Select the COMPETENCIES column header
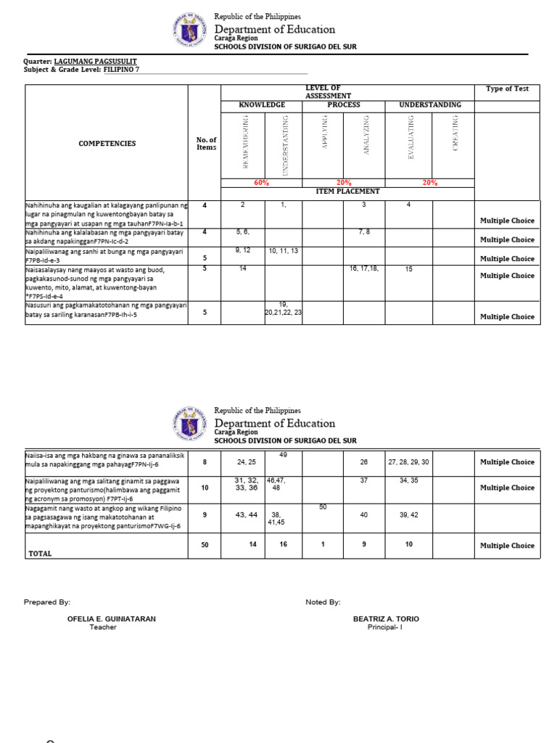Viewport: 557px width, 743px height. tap(107, 144)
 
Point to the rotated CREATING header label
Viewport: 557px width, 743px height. tap(455, 134)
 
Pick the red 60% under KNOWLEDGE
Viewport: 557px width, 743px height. tap(261, 183)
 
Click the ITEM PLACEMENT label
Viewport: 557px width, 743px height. tap(348, 191)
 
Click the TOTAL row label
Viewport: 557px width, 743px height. tap(41, 553)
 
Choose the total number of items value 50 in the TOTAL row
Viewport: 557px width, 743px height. tap(205, 545)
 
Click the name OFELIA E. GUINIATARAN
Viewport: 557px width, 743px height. tap(111, 619)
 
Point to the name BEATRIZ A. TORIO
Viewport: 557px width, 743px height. tap(385, 619)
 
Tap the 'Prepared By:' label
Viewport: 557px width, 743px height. tap(47, 602)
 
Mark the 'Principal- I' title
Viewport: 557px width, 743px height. tap(385, 628)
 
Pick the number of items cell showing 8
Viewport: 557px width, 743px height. tap(205, 461)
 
